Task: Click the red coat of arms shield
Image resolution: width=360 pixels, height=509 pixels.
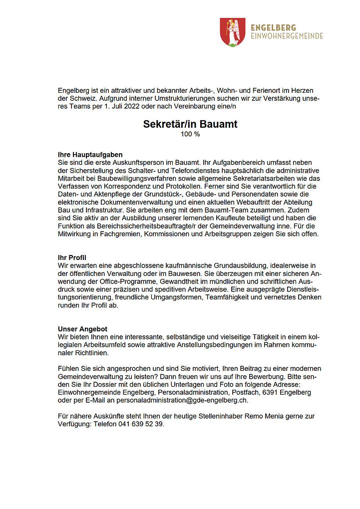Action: (x=232, y=32)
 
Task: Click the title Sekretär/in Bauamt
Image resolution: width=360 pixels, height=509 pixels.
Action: (x=190, y=124)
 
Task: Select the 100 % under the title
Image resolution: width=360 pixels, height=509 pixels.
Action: (x=190, y=134)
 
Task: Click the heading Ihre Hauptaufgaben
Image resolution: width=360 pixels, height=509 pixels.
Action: (x=90, y=155)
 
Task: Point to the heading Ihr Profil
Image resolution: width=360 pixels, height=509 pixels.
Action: (x=72, y=257)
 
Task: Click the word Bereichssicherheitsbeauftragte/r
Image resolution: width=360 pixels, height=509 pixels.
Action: (x=143, y=227)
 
